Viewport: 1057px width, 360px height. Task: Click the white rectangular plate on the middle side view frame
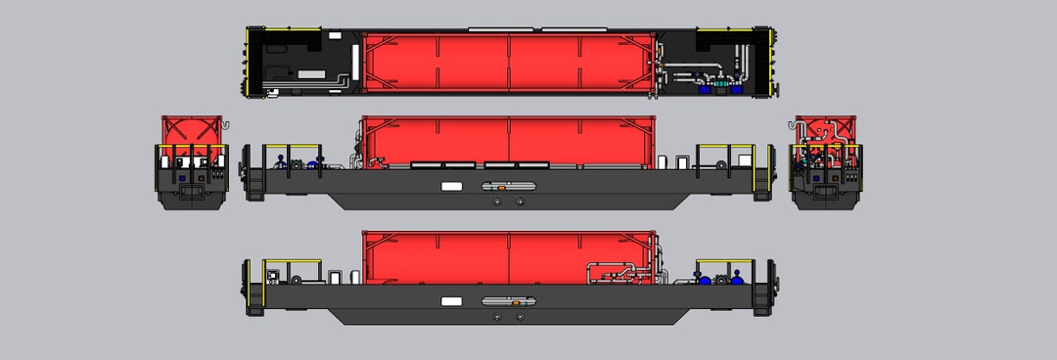coord(451,185)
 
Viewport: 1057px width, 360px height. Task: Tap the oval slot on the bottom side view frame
coord(508,301)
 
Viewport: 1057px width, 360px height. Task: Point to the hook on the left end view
coord(225,124)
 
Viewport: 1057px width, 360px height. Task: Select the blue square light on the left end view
coord(181,179)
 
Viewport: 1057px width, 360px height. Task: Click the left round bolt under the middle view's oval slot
coord(498,202)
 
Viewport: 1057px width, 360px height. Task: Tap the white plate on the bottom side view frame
coord(451,301)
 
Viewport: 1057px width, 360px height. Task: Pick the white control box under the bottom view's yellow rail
coord(274,276)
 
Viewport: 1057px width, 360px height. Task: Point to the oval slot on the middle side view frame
coord(508,185)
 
